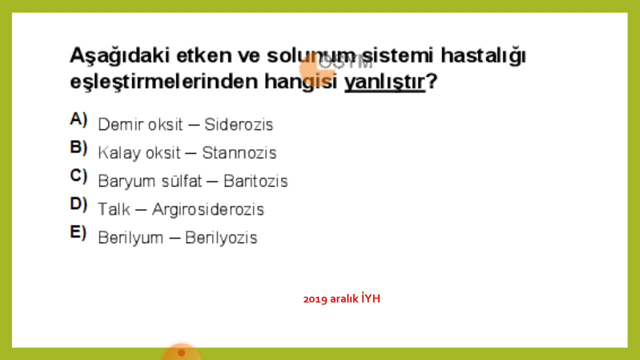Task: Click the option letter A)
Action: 78,119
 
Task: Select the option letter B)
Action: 78,147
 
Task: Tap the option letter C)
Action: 78,176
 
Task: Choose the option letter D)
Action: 78,204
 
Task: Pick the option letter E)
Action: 78,232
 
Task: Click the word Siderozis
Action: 239,124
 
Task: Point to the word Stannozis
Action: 239,153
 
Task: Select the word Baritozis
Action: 255,181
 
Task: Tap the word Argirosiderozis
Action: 207,209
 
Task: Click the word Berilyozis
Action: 221,238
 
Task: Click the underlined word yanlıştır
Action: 384,82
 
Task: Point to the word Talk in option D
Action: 114,209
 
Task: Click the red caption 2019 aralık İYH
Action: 341,299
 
